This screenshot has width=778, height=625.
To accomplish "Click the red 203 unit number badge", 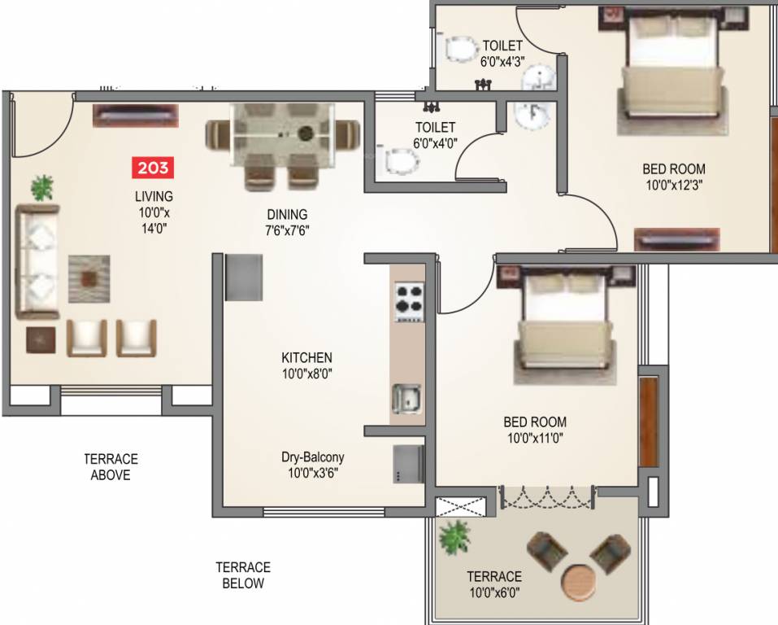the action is pos(153,168).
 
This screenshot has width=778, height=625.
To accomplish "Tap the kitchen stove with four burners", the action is pos(410,302).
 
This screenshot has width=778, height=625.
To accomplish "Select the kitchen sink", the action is pos(406,399).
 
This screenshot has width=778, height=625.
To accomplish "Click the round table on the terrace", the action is pos(579,583).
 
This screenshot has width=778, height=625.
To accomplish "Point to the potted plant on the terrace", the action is pos(454,536).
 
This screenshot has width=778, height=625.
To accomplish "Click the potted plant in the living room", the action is pos(42,188).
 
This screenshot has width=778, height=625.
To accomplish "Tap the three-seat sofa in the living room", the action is pos(37,261).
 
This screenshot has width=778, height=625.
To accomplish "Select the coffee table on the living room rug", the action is pos(89,278).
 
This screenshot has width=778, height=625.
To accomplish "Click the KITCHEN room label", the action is pos(306,358).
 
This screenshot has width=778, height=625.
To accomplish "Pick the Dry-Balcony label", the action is pos(313,457).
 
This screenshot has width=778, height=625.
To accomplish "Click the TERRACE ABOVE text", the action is pos(111,466).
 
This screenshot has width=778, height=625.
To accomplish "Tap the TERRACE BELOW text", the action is pos(243,575).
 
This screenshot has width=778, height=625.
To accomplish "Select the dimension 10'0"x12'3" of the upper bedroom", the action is pos(674,186).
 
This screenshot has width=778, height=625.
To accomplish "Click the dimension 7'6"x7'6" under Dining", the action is pos(287,230).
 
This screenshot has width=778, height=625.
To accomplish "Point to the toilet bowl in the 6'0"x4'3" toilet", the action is pos(459,50).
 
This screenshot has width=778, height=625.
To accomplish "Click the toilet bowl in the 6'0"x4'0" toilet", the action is pos(401,162).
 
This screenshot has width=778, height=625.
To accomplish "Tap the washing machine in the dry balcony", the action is pos(408,464).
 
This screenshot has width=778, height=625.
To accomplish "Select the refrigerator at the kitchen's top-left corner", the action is pos(244,278).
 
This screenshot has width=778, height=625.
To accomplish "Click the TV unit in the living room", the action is pos(136,116).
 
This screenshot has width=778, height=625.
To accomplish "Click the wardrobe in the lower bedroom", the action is pos(649,422).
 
